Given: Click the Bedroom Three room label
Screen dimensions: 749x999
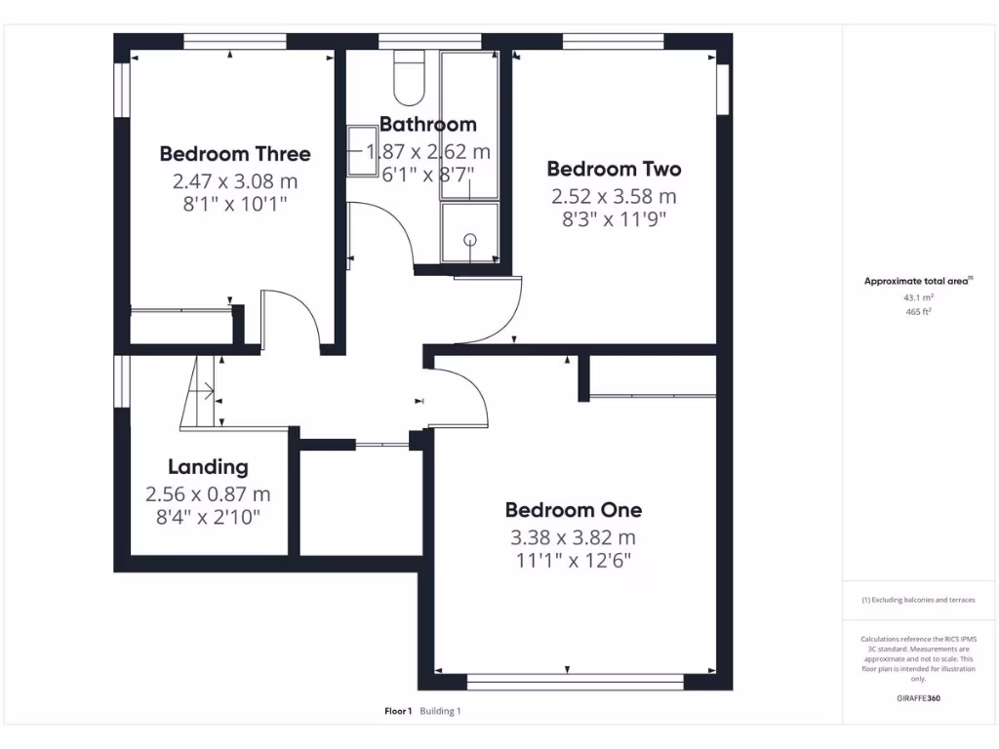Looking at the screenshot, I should (x=235, y=153).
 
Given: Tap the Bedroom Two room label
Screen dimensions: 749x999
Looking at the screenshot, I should (x=614, y=169).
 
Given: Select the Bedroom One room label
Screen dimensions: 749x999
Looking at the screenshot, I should (x=573, y=509).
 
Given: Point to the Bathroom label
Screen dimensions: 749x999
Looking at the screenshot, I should (x=427, y=124).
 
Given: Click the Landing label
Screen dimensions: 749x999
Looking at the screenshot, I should (x=208, y=467).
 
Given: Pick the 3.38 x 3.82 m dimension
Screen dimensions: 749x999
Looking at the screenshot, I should (x=573, y=537).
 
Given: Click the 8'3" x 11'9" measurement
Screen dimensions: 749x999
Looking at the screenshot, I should (x=614, y=219).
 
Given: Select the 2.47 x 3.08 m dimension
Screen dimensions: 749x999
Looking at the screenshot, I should (x=235, y=180).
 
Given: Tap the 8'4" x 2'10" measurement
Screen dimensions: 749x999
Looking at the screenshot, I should (x=208, y=517).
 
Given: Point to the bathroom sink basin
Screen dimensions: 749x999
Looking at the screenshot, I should (x=363, y=151).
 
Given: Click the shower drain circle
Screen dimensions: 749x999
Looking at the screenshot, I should (x=470, y=239).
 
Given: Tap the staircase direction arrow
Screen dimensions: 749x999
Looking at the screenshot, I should (x=205, y=391).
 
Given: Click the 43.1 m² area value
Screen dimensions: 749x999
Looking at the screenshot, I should (x=918, y=297).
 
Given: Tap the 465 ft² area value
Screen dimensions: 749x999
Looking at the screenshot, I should (x=918, y=312).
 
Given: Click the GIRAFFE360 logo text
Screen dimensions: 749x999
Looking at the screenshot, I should (x=918, y=698).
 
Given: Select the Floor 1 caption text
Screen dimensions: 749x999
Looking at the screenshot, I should (x=398, y=711).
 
